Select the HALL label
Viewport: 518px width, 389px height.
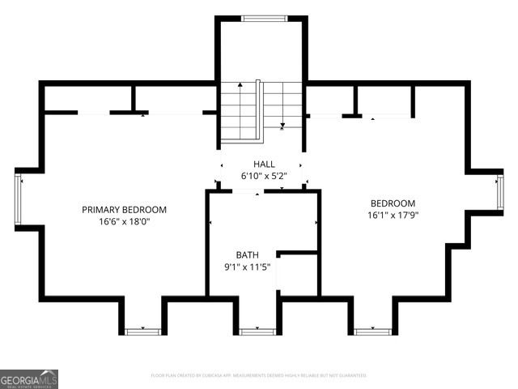[x=264, y=164]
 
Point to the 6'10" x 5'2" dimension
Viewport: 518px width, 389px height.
[x=264, y=176]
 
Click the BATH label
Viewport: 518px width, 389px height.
[x=247, y=254]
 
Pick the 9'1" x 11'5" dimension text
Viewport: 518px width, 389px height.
[x=247, y=267]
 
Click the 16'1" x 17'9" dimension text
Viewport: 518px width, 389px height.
[x=393, y=216]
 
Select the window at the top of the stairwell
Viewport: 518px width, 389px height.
[x=264, y=18]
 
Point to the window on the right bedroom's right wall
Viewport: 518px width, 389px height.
[x=499, y=192]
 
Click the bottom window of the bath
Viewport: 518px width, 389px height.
[x=257, y=331]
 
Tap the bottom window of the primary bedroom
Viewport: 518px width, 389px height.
[x=142, y=331]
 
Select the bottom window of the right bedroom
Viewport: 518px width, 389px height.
[x=372, y=331]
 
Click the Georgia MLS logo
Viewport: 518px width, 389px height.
[x=29, y=379]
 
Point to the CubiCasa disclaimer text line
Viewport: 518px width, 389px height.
[x=259, y=375]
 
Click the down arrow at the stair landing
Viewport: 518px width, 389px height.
[x=282, y=125]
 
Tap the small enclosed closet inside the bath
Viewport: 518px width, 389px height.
[x=296, y=275]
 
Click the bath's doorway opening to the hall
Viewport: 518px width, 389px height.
[x=248, y=191]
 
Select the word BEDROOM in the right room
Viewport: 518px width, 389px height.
[x=393, y=203]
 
